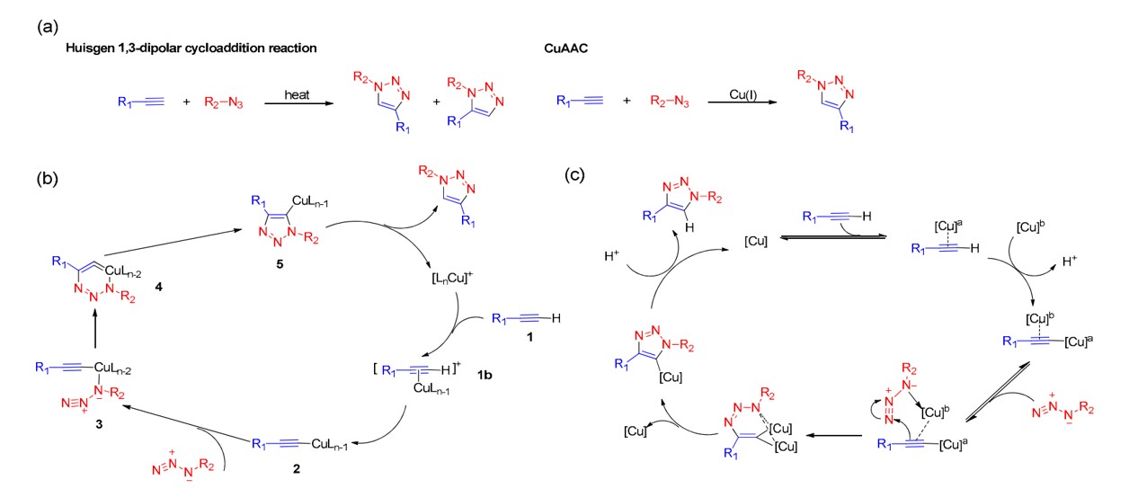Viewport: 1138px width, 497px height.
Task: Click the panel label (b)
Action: tap(48, 177)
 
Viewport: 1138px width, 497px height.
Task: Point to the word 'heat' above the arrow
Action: tap(297, 93)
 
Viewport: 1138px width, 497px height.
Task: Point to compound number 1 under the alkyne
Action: tap(530, 342)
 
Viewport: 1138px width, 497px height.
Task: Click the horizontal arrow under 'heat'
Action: tap(296, 104)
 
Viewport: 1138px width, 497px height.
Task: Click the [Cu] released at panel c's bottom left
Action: tap(636, 434)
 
